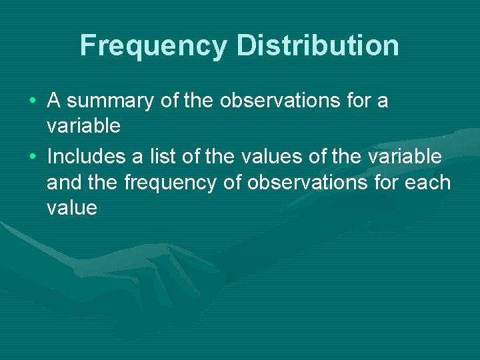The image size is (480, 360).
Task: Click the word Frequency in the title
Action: tap(153, 46)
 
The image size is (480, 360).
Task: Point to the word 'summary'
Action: tap(110, 101)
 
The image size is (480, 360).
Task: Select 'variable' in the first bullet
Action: tap(83, 126)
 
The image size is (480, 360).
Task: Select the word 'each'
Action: tap(427, 182)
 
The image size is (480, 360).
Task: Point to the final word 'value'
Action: tap(72, 208)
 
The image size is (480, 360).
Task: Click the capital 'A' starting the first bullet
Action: tap(54, 101)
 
